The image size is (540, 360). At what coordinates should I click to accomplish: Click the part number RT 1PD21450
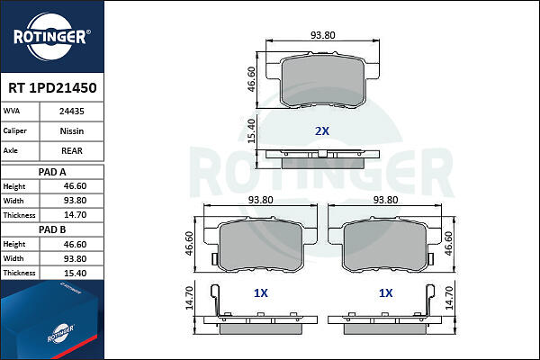click(52, 88)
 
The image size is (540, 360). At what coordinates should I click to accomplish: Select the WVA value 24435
click(72, 112)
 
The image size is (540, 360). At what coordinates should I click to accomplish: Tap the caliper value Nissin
click(72, 130)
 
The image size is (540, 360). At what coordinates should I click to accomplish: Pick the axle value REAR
click(72, 150)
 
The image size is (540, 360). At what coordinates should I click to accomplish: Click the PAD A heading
click(52, 172)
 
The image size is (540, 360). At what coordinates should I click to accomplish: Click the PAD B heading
click(52, 229)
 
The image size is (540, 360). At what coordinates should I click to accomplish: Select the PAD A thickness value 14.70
click(75, 215)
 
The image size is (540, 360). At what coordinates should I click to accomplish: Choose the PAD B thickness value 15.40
click(75, 274)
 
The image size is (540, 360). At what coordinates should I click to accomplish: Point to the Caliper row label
click(14, 130)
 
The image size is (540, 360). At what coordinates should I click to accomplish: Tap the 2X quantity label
click(322, 130)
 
